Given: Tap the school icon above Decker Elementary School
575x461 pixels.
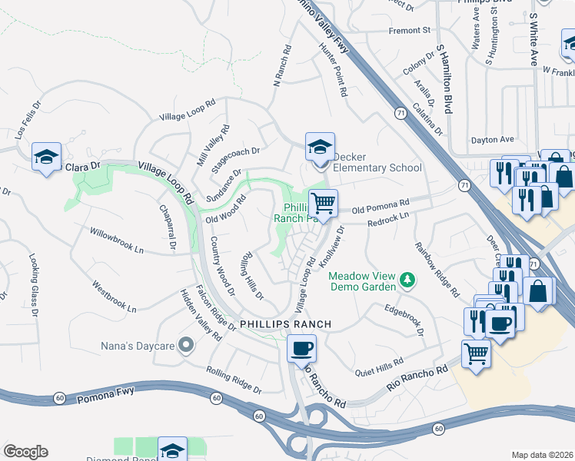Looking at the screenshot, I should point(321,145).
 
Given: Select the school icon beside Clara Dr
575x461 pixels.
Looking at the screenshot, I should point(47,158).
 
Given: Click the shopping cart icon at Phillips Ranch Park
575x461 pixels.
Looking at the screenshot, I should point(324,204).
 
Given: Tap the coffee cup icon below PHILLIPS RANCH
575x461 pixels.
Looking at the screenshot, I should point(301,348).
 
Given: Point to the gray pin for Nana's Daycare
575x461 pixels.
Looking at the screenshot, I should point(184,346).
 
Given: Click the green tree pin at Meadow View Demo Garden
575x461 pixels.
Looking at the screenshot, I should point(409,282).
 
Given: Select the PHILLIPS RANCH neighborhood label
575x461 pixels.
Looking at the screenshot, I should point(285,324).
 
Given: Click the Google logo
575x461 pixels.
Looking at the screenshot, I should point(25,452).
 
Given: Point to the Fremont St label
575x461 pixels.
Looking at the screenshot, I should point(410,31).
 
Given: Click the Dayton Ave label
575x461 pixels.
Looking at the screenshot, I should point(492,140).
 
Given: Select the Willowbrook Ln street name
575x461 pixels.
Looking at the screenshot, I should point(116,240).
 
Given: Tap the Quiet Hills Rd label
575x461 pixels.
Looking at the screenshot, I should point(378,367).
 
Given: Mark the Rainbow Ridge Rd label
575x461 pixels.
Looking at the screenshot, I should point(437,270).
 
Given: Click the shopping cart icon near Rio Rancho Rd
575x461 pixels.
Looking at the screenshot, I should point(477,354).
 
